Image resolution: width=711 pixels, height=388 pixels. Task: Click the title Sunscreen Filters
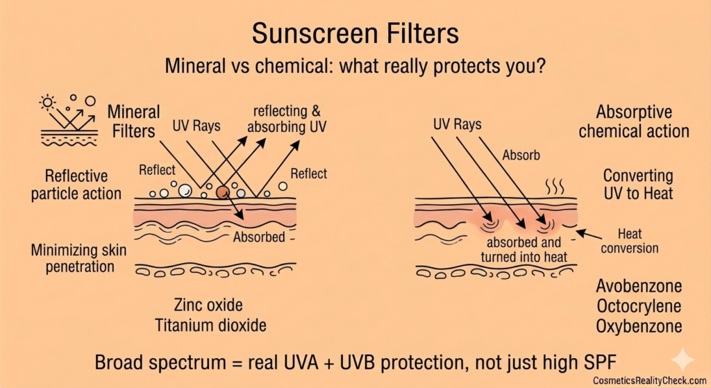pyautogui.click(x=355, y=33)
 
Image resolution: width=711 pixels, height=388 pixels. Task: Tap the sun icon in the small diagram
pyautogui.click(x=48, y=103)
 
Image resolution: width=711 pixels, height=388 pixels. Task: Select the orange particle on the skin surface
pyautogui.click(x=222, y=192)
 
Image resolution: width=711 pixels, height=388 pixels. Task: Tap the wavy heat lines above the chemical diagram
pyautogui.click(x=554, y=186)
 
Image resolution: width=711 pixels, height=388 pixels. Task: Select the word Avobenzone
pyautogui.click(x=639, y=286)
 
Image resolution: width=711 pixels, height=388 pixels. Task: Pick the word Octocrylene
pyautogui.click(x=639, y=306)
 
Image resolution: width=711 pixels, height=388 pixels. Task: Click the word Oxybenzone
pyautogui.click(x=639, y=326)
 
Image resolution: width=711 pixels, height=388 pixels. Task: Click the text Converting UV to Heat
pyautogui.click(x=637, y=184)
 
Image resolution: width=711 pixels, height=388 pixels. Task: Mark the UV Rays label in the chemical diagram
pyautogui.click(x=457, y=126)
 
